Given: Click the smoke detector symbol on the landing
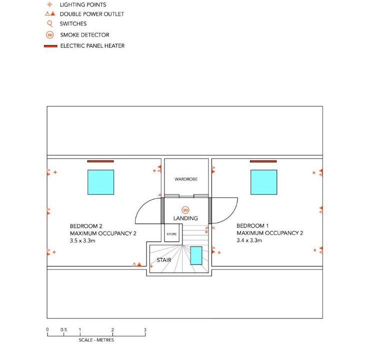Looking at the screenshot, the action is coord(185,210).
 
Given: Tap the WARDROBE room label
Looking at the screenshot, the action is coord(186,179).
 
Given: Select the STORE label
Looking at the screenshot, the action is coord(171,234).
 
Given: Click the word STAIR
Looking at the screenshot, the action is coord(164,260).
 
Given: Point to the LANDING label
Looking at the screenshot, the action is coord(185,218).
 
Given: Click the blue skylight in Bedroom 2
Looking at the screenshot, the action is coord(100,182).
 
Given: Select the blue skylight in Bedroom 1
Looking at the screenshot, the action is coord(263,182).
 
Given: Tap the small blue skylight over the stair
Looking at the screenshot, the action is coord(196,255).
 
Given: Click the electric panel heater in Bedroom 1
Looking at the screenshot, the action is coord(263,161).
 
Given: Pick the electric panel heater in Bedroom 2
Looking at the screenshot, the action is coord(100,161).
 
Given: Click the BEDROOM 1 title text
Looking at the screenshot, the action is coord(252,225).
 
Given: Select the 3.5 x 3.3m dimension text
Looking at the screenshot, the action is coord(82,240).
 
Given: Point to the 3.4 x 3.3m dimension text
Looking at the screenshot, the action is coord(249,240).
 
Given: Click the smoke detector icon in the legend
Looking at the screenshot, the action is coord(50,35).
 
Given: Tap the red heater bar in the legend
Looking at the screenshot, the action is coord(50,46).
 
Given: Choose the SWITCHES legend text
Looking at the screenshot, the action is coord(73,23).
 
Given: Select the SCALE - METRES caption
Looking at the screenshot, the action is coord(96,340).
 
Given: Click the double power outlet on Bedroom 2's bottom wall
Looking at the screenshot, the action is coord(137,264).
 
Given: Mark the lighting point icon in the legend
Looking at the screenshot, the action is coord(49,4).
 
